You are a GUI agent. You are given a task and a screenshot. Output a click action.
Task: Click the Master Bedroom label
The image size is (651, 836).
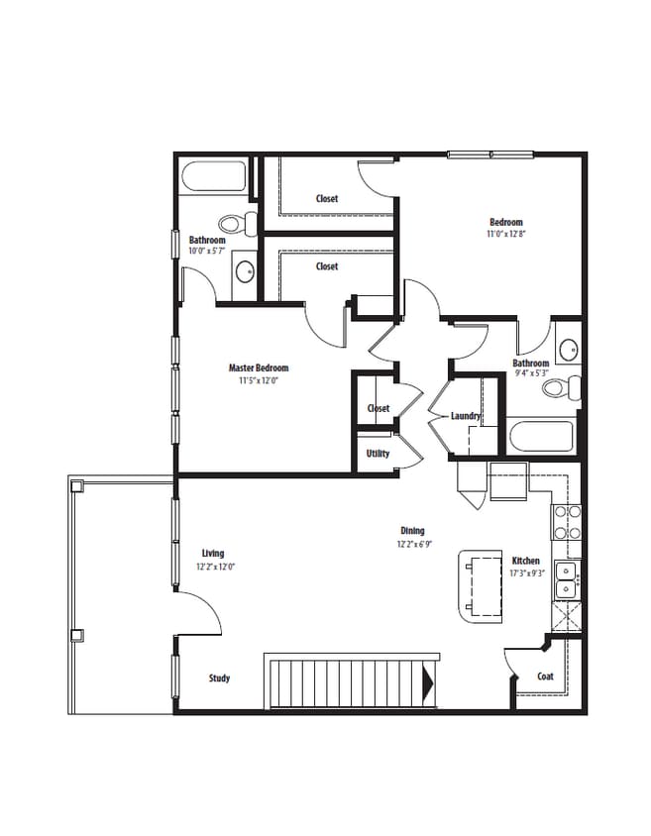pyautogui.click(x=259, y=367)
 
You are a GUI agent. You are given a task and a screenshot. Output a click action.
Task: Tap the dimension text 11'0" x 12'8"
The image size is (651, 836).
pyautogui.click(x=505, y=235)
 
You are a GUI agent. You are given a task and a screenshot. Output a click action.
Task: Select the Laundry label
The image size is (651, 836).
pyautogui.click(x=466, y=416)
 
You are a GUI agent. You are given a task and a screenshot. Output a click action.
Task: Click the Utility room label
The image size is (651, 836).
pyautogui.click(x=378, y=454)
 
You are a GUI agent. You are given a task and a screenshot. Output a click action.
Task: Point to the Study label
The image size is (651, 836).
pyautogui.click(x=219, y=679)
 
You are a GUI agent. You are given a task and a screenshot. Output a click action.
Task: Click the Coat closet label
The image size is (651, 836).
pyautogui.click(x=545, y=677)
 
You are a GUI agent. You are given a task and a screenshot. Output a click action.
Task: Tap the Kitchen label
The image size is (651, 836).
pyautogui.click(x=525, y=561)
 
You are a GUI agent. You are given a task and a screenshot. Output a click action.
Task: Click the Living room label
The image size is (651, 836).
pyautogui.click(x=212, y=554)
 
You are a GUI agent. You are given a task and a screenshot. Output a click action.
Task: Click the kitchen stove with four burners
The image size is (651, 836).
pyautogui.click(x=566, y=522)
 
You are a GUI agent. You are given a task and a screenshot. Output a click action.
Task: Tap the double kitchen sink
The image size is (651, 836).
pyautogui.click(x=566, y=579)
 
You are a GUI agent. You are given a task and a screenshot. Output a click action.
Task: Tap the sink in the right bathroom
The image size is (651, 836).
pyautogui.click(x=567, y=350)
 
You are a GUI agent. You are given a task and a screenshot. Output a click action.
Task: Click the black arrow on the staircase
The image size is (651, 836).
pyautogui.click(x=428, y=681)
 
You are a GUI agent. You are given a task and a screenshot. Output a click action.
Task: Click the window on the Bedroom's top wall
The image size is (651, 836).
pyautogui.click(x=490, y=154)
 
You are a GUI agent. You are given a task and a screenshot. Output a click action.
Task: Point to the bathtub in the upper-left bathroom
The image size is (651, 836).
pyautogui.click(x=215, y=179)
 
